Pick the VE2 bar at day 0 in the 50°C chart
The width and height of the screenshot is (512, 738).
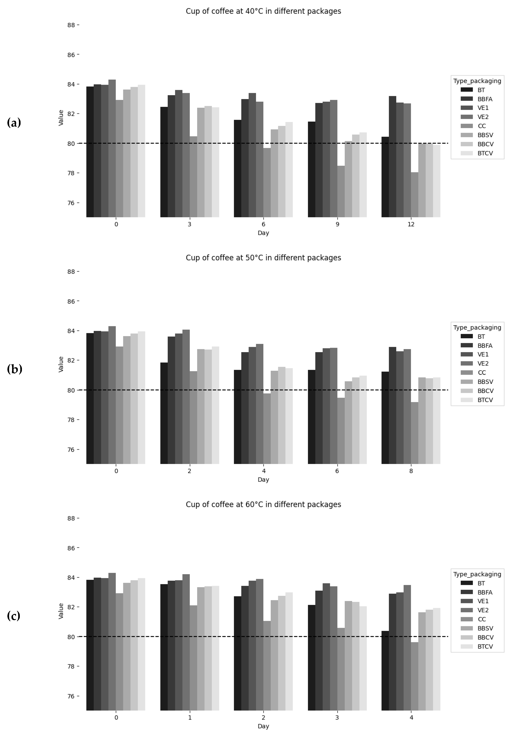coord(112,395)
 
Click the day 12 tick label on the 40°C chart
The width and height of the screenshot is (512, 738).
coord(411,224)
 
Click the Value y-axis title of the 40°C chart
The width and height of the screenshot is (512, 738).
coord(61,118)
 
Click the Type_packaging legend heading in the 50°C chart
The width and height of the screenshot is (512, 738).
coord(477,327)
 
